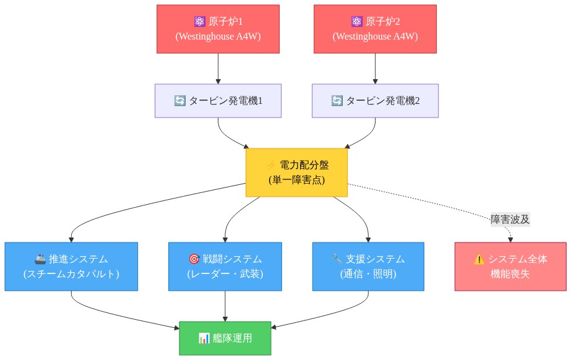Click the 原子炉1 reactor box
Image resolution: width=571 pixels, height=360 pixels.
click(218, 29)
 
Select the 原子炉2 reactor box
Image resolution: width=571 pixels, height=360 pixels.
click(375, 29)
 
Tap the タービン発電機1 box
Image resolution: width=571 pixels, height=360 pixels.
click(218, 101)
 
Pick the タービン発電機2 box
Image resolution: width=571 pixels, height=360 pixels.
click(375, 101)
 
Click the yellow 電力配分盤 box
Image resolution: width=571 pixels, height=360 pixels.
click(297, 173)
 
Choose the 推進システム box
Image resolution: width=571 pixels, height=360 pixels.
click(71, 267)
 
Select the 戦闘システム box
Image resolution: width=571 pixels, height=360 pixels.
click(225, 267)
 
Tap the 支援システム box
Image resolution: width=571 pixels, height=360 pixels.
click(368, 267)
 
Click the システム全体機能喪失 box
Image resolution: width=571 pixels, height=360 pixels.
click(510, 267)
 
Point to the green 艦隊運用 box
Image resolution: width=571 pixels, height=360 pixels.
click(225, 338)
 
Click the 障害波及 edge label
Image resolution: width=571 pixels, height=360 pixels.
click(510, 220)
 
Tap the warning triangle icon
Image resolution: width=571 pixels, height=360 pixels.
click(479, 259)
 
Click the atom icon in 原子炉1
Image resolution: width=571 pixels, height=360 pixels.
click(200, 22)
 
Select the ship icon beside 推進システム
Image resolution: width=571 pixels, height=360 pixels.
click(40, 259)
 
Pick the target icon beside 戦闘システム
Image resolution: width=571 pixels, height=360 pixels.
click(194, 259)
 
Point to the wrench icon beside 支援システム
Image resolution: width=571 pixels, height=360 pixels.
click(337, 259)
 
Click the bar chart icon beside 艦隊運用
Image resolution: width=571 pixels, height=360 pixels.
click(204, 338)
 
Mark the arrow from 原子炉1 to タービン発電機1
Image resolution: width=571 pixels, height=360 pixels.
click(218, 69)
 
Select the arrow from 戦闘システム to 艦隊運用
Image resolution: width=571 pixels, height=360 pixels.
click(225, 306)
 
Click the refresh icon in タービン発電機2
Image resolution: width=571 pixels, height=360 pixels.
click(337, 100)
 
